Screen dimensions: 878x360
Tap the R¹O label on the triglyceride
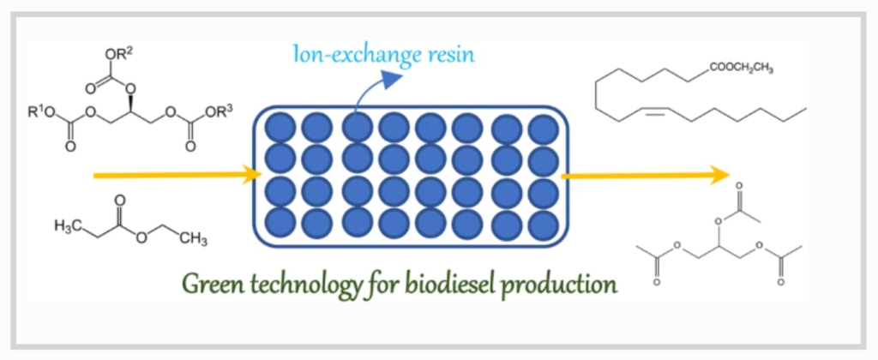tap(41, 113)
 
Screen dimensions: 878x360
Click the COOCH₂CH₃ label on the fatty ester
tap(741, 69)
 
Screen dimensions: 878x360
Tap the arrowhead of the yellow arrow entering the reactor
tap(254, 175)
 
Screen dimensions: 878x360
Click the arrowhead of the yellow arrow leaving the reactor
tap(722, 175)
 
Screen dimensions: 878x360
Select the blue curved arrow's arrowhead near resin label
tap(393, 79)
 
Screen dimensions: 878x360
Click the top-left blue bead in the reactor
tap(280, 127)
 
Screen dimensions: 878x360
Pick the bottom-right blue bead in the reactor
tap(543, 225)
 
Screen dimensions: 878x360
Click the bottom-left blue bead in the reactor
tap(280, 224)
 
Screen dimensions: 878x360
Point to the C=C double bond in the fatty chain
tap(654, 114)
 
